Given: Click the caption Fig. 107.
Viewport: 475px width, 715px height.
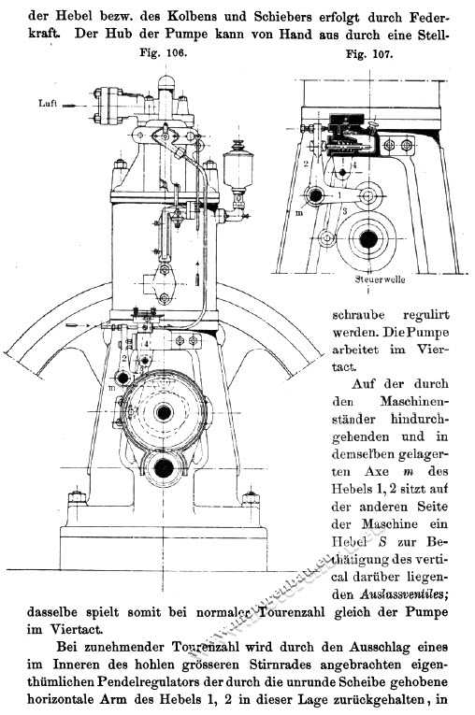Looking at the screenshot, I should point(367,53).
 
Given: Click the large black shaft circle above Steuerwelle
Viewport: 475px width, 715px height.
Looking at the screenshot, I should point(371,240).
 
